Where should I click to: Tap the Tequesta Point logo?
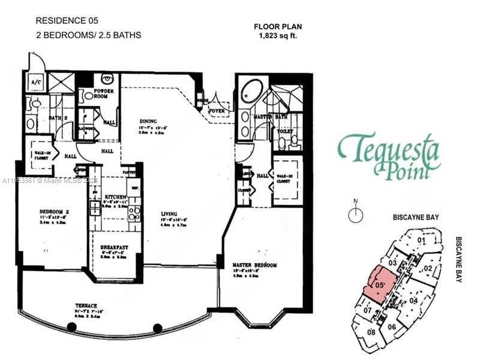coord(389,155)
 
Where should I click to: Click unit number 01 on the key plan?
coord(421,241)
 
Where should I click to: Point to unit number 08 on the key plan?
coord(371,332)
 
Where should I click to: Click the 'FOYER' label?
coord(217,110)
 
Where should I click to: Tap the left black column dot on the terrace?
coord(71,327)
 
